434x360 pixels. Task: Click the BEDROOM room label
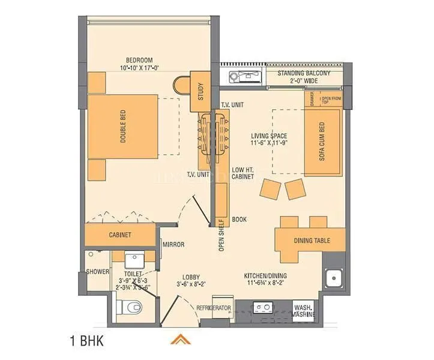coord(139,60)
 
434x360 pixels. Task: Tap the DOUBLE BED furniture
coord(123,126)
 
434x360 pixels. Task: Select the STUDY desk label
coord(200,92)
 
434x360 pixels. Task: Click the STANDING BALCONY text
coord(304,73)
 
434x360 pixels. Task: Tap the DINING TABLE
coord(311,241)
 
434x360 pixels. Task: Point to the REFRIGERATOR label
coord(214,308)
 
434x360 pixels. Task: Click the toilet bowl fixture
coord(130,307)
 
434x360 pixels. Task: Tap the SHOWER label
coord(98,272)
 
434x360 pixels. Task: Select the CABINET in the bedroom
coord(120,235)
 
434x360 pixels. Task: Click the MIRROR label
coord(173,244)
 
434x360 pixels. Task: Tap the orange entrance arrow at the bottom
coord(177,340)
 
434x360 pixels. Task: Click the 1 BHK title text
coord(87,342)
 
